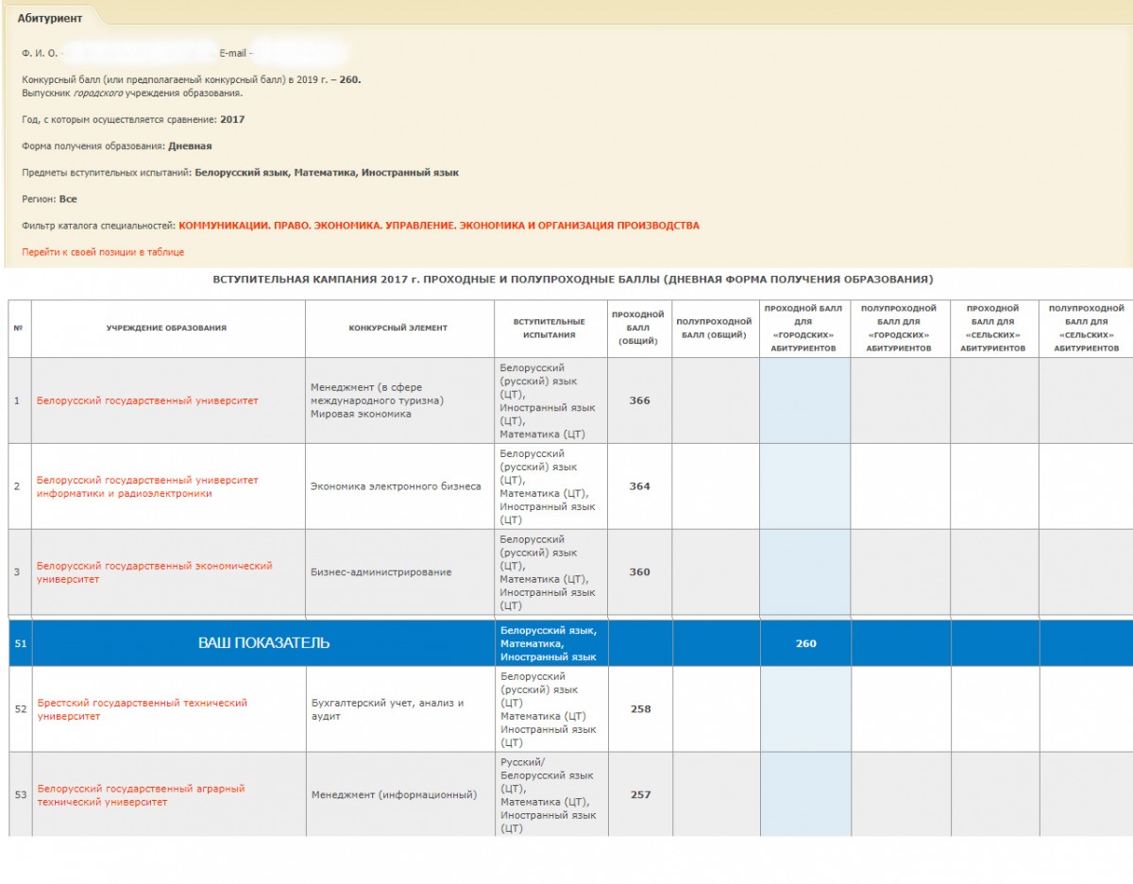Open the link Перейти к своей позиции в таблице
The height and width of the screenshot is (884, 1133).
pyautogui.click(x=103, y=252)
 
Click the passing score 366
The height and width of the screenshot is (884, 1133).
pyautogui.click(x=639, y=400)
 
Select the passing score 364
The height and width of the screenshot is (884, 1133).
pyautogui.click(x=639, y=486)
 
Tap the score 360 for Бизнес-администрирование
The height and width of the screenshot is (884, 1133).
pyautogui.click(x=639, y=572)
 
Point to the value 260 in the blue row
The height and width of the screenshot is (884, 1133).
pyautogui.click(x=805, y=643)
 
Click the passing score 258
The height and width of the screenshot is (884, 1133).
pyautogui.click(x=640, y=709)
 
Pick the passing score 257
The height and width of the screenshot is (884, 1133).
pyautogui.click(x=640, y=795)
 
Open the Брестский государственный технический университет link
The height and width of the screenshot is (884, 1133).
pyautogui.click(x=142, y=709)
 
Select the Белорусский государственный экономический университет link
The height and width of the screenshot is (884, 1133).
pyautogui.click(x=154, y=572)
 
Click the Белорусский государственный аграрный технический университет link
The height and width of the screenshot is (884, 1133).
pyautogui.click(x=141, y=795)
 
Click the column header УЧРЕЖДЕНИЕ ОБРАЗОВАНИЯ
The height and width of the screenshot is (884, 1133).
pyautogui.click(x=166, y=328)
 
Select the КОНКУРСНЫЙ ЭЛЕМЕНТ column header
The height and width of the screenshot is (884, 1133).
pyautogui.click(x=397, y=328)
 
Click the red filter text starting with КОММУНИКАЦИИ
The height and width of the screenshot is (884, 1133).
pyautogui.click(x=438, y=226)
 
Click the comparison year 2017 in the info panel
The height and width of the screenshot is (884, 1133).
pyautogui.click(x=231, y=120)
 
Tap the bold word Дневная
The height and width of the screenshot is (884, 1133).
pyautogui.click(x=190, y=146)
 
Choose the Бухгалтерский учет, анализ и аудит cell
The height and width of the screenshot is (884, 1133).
pyautogui.click(x=387, y=709)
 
